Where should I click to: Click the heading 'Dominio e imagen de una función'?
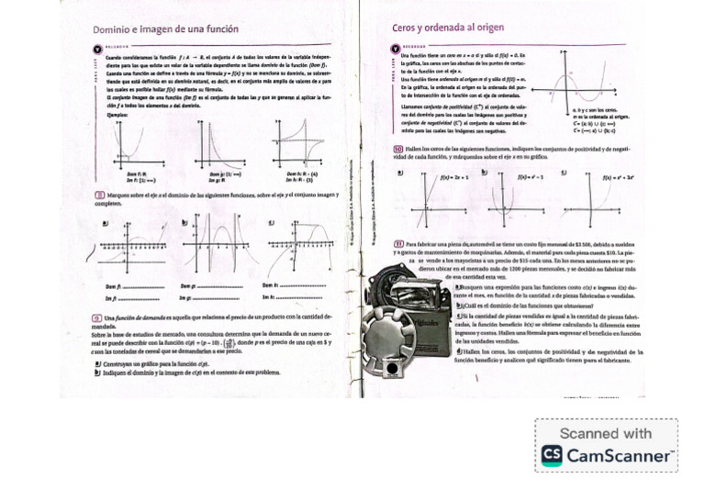[x=165, y=30]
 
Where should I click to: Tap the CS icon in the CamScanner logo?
[x=553, y=454]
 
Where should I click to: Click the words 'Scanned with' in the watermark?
[x=605, y=433]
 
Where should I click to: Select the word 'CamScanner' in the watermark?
[x=621, y=455]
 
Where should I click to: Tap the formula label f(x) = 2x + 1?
[x=454, y=175]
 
